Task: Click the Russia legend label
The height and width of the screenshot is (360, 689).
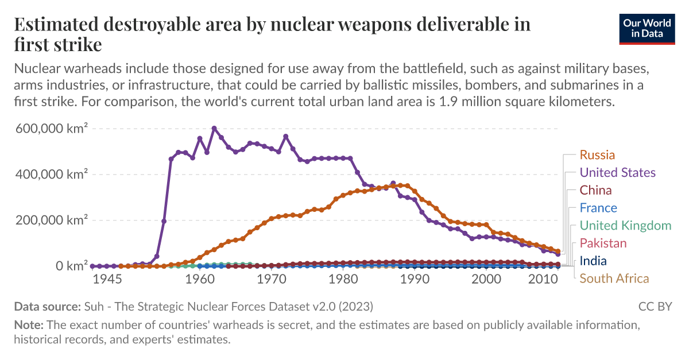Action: click(597, 155)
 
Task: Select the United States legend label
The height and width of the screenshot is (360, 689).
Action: click(617, 173)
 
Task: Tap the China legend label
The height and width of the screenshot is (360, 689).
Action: click(595, 190)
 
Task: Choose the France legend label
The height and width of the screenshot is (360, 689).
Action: click(598, 208)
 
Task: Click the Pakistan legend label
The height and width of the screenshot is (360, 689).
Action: click(603, 243)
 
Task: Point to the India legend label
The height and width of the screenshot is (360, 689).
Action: click(593, 261)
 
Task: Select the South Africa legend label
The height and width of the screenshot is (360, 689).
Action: click(614, 278)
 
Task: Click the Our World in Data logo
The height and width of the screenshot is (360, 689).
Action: click(647, 29)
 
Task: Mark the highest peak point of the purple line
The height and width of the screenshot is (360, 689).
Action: click(214, 129)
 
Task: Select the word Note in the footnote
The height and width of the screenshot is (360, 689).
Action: click(29, 325)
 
